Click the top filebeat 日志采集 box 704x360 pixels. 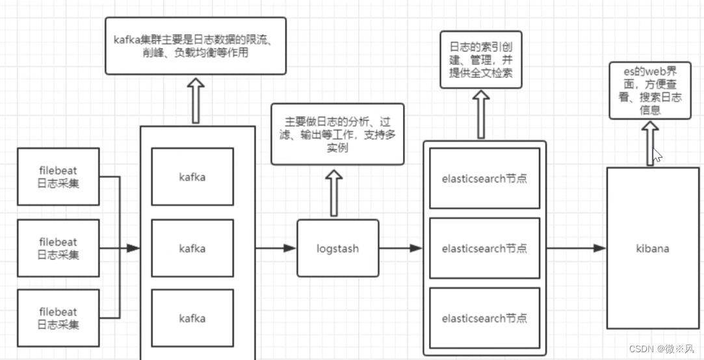(58, 176)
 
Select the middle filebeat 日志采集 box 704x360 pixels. (58, 248)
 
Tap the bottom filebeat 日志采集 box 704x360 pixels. (58, 318)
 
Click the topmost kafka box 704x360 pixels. (192, 176)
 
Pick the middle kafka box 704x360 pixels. (192, 248)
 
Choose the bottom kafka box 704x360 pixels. (192, 318)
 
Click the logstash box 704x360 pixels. (337, 248)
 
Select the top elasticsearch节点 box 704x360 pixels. (484, 178)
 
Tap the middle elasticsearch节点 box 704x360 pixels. (484, 248)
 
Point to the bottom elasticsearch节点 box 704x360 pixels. (484, 318)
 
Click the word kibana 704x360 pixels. (652, 248)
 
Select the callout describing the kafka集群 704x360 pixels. (196, 46)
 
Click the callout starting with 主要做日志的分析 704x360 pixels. (337, 134)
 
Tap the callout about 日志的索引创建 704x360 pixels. (481, 59)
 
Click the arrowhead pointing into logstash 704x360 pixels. (290, 248)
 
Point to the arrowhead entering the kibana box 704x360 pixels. (599, 248)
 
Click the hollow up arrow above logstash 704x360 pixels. (334, 192)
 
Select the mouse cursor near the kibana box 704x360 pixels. (657, 155)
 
